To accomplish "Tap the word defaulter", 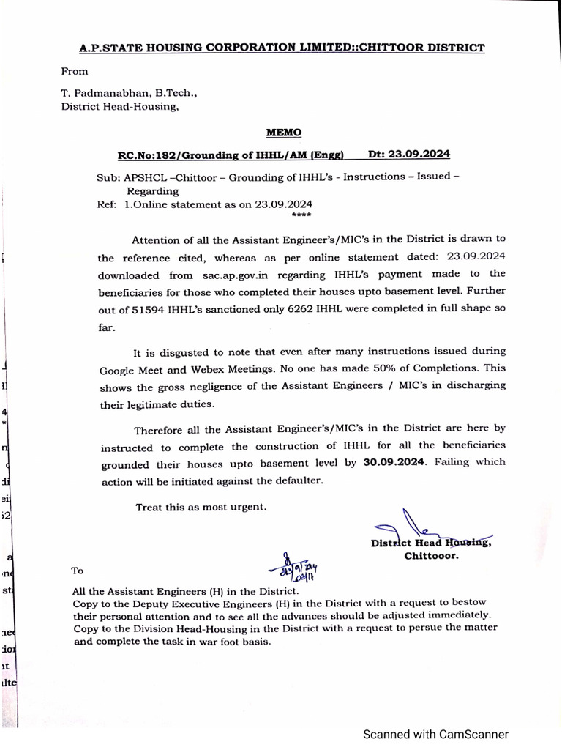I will coord(293,480).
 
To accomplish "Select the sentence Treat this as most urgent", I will coord(201,507).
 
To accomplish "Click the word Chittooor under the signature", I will coord(432,556).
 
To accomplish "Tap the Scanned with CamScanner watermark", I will coord(436,734).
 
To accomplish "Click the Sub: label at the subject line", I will coord(108,177).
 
